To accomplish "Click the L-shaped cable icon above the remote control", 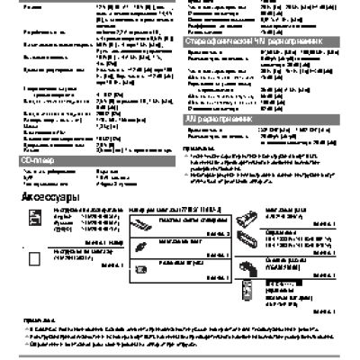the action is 250,267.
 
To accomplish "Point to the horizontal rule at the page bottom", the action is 180,356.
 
